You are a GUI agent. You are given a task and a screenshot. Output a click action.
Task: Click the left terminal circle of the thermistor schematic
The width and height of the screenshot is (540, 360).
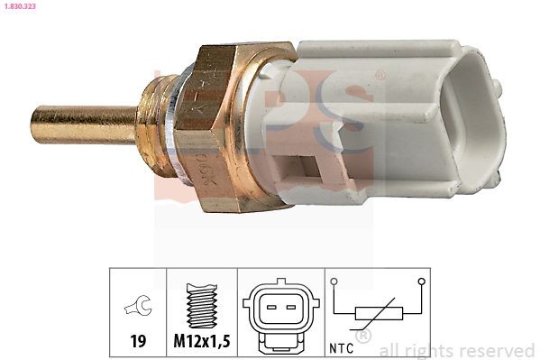click(x=334, y=282)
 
